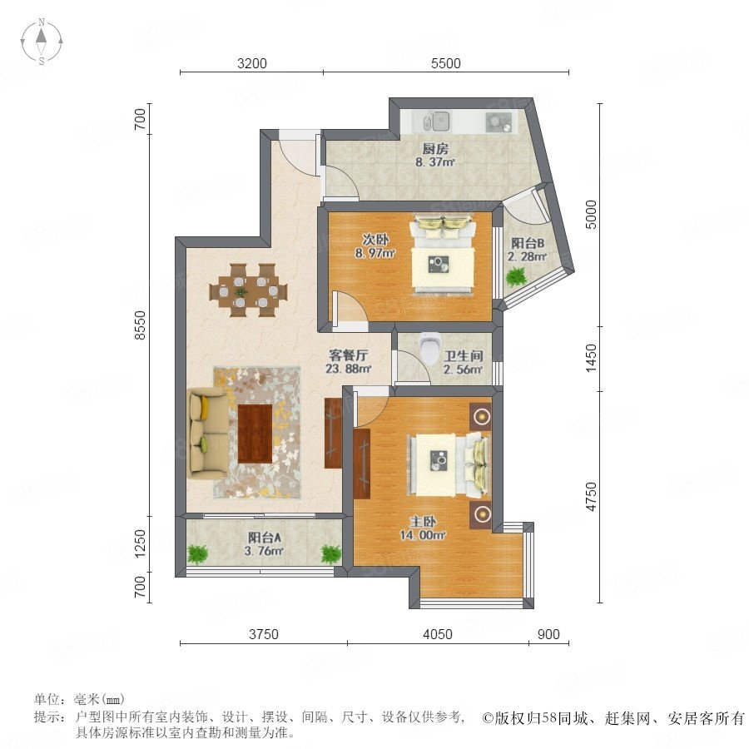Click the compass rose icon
pyautogui.click(x=42, y=42)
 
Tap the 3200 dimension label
pyautogui.click(x=251, y=63)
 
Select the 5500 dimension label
pyautogui.click(x=446, y=63)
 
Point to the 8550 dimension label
pyautogui.click(x=140, y=325)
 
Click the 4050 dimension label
pyautogui.click(x=438, y=634)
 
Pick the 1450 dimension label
pyautogui.click(x=592, y=358)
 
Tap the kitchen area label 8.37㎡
pyautogui.click(x=435, y=162)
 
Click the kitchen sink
pyautogui.click(x=437, y=122)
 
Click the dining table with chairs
pyautogui.click(x=248, y=290)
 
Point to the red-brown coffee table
pyautogui.click(x=255, y=434)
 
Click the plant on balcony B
pyautogui.click(x=516, y=276)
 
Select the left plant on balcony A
pyautogui.click(x=197, y=554)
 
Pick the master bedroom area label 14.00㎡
pyautogui.click(x=423, y=535)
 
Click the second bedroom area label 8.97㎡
pyautogui.click(x=375, y=253)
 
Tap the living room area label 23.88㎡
pyautogui.click(x=349, y=369)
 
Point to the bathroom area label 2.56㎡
pyautogui.click(x=463, y=370)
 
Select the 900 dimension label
pyautogui.click(x=548, y=634)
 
